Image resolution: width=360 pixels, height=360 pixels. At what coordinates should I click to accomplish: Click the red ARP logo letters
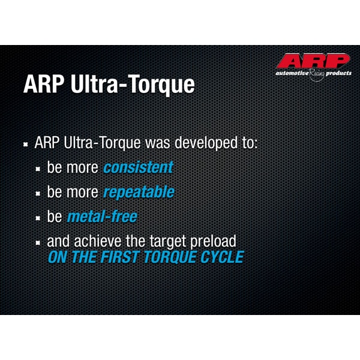pyautogui.click(x=313, y=62)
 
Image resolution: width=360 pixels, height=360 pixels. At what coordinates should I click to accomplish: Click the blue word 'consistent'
pyautogui.click(x=138, y=167)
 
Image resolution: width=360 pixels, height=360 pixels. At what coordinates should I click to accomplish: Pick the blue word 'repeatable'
pyautogui.click(x=139, y=192)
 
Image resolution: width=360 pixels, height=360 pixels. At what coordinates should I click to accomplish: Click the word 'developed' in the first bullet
pyautogui.click(x=203, y=143)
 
